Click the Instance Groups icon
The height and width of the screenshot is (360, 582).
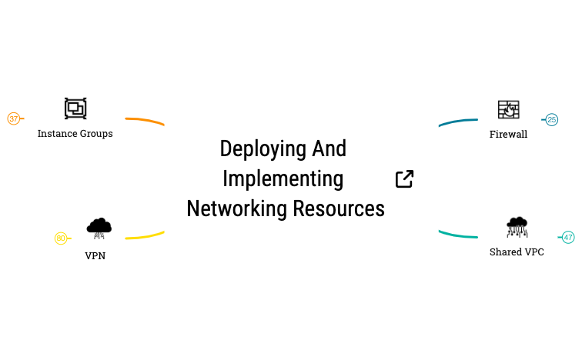(x=75, y=108)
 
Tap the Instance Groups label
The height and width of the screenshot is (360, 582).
(x=75, y=134)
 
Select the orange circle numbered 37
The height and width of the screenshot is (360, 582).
(x=14, y=118)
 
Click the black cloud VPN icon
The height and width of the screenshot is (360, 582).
(x=99, y=228)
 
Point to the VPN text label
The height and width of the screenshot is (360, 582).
(x=95, y=256)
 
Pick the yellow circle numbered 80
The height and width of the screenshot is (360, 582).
(x=61, y=238)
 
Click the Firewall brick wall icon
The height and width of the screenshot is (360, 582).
(x=508, y=110)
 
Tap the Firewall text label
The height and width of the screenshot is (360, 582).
(x=508, y=135)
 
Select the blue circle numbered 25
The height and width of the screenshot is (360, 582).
(x=551, y=119)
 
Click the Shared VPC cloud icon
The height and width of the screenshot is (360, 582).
(x=517, y=227)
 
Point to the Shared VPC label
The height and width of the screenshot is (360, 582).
(x=517, y=252)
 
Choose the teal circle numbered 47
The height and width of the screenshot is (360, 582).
(x=568, y=238)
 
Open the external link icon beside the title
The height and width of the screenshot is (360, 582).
(x=404, y=179)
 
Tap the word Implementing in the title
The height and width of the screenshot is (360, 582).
(x=283, y=178)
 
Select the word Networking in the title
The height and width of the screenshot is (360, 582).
(x=231, y=208)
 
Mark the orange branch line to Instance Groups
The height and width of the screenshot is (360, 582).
(x=145, y=120)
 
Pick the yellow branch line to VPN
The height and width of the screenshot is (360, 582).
(x=145, y=236)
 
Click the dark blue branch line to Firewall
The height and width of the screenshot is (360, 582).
(x=457, y=122)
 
